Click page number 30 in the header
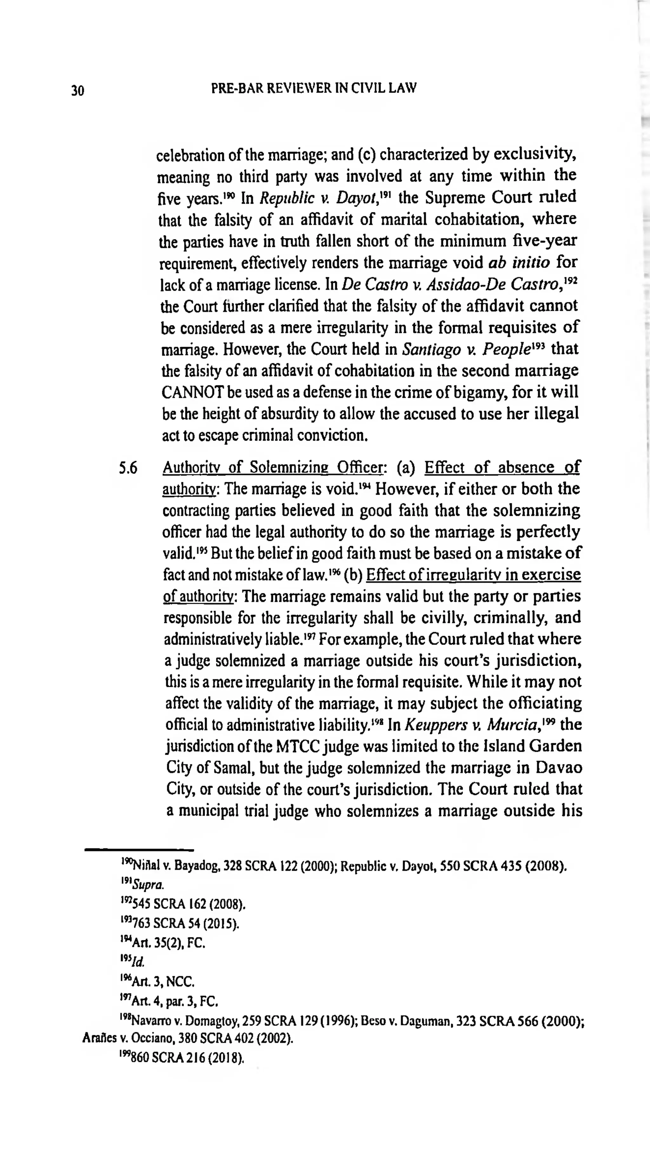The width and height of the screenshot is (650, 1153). pos(77,91)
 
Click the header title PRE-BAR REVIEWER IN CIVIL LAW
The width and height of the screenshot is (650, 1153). pos(314,88)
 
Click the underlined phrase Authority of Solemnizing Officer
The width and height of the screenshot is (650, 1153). pos(272,468)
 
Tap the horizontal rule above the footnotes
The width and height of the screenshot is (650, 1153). pos(139,849)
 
